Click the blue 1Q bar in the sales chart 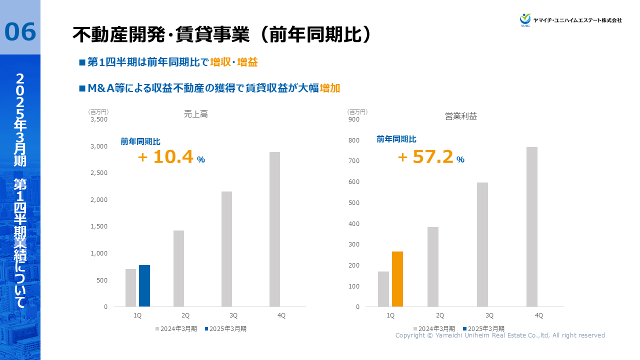[x=144, y=285]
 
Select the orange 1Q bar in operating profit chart [x=397, y=279]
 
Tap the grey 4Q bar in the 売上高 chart [x=274, y=229]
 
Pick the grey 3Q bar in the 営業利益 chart [x=482, y=244]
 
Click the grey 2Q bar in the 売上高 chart [x=178, y=268]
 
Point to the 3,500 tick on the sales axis [x=98, y=119]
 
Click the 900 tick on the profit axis [x=354, y=119]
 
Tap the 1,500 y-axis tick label [x=98, y=226]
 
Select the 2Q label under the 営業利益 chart [x=440, y=315]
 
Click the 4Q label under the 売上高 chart [x=281, y=315]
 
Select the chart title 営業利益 [x=461, y=116]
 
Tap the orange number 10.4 [x=172, y=157]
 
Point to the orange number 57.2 [x=432, y=157]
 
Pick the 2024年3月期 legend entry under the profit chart [x=433, y=329]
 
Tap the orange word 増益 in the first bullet [x=247, y=62]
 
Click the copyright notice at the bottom [x=500, y=335]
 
